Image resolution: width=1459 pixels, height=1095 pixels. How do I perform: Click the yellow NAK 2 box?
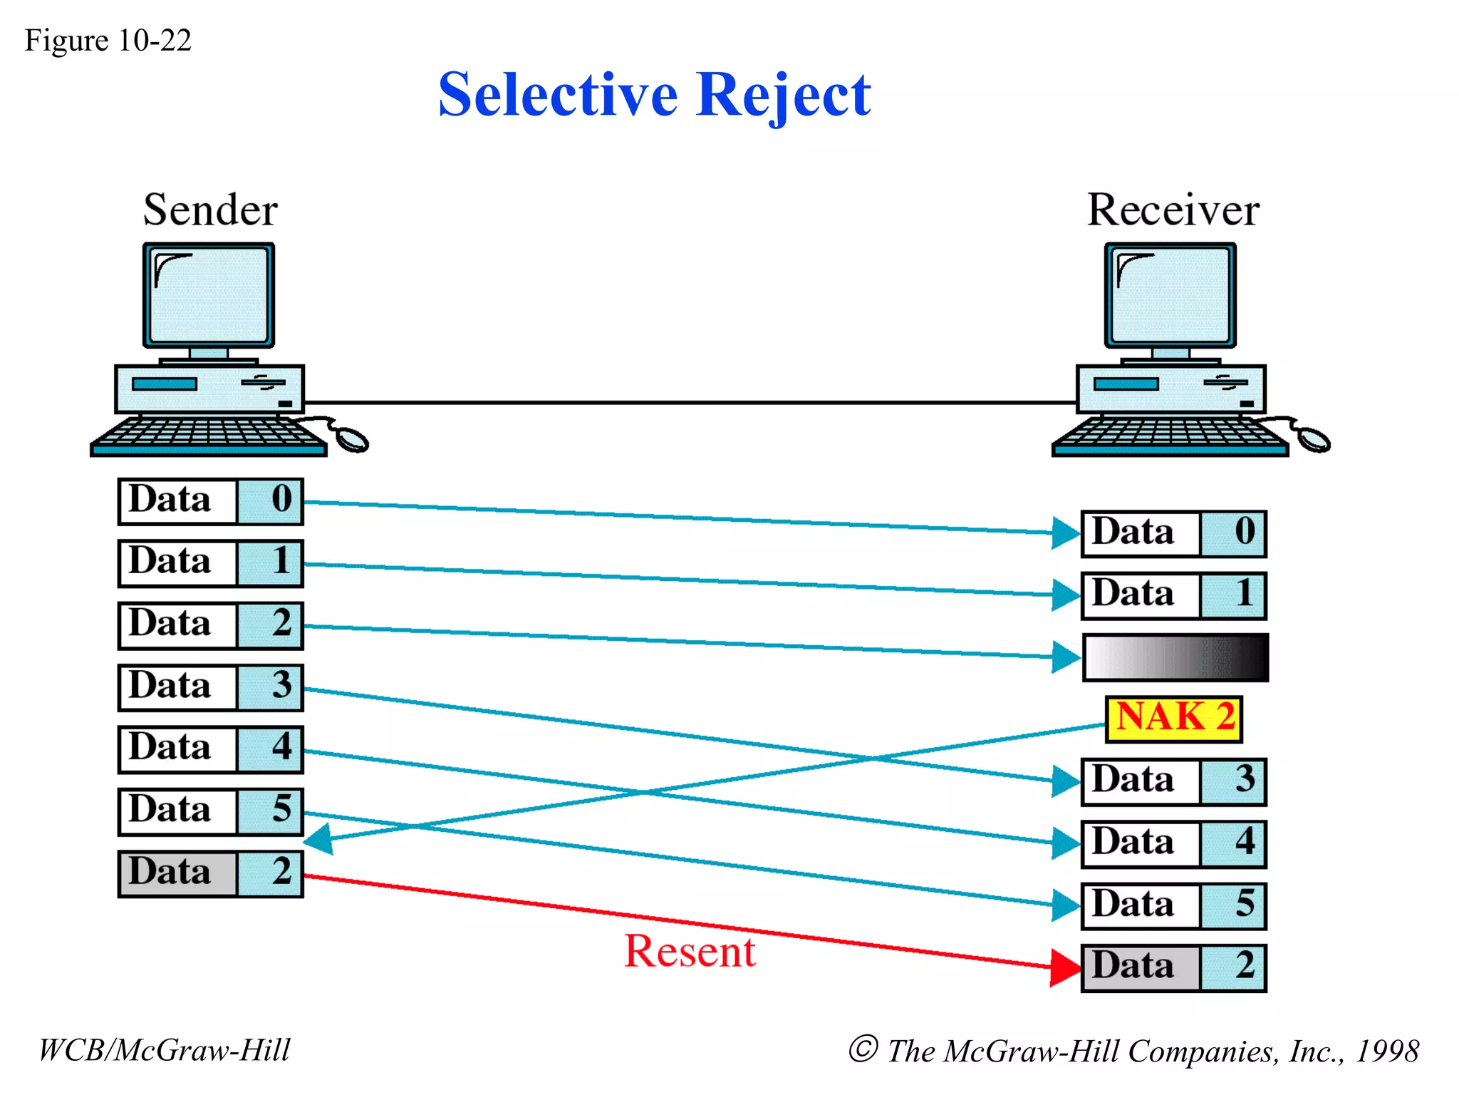pos(1173,719)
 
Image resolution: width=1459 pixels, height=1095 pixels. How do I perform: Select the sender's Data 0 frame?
pos(210,501)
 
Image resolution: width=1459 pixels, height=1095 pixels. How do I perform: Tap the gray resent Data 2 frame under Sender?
pos(210,873)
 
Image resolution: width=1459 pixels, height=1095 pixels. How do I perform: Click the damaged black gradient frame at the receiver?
pos(1175,657)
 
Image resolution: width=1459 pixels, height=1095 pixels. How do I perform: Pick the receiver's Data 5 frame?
pos(1173,905)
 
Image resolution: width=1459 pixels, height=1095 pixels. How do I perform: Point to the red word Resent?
pos(689,951)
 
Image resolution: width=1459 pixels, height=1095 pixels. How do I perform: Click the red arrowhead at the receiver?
pos(1065,967)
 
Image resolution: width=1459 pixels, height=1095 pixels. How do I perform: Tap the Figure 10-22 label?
pos(108,41)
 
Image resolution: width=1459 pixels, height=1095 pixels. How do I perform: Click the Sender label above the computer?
pos(210,210)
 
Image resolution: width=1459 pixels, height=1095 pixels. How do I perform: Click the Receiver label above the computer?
pos(1173,210)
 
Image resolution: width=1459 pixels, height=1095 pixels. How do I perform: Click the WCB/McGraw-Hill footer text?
pos(164,1050)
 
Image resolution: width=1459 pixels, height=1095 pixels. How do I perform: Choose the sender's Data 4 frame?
pos(210,749)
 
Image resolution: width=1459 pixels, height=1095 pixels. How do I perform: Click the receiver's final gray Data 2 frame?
pos(1173,967)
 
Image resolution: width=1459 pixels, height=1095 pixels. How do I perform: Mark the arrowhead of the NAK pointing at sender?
pos(318,838)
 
